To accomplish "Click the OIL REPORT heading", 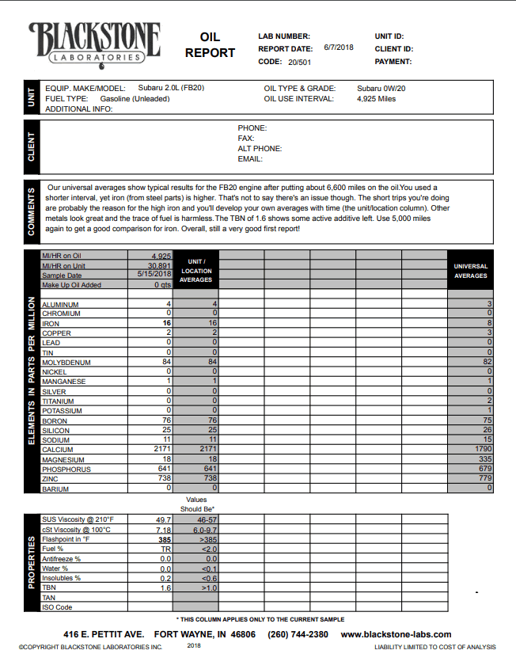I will (x=210, y=45).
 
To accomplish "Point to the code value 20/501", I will (x=299, y=61).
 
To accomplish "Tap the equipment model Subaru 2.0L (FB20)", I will (x=171, y=88).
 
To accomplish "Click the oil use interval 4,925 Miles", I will (x=376, y=99).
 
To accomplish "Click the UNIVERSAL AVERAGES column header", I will (x=470, y=271).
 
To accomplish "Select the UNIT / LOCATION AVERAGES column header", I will (x=195, y=270).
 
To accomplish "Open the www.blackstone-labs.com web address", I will (x=396, y=634).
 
